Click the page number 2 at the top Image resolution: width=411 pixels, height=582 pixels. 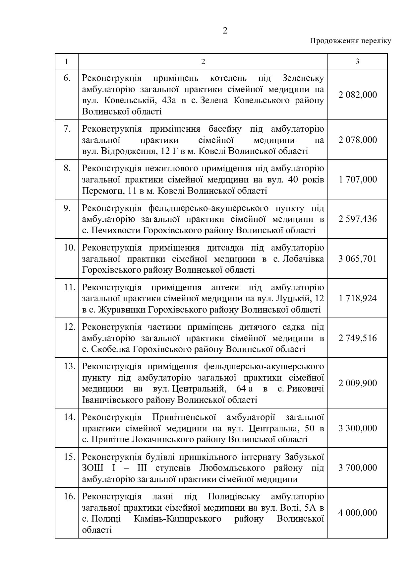click(x=225, y=31)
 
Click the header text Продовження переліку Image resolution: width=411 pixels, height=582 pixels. click(x=350, y=41)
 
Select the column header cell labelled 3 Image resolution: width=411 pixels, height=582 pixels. click(x=357, y=61)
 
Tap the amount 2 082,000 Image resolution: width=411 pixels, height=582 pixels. click(x=358, y=95)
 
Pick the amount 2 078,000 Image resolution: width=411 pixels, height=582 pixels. click(x=358, y=140)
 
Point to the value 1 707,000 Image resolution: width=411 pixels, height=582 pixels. click(x=358, y=180)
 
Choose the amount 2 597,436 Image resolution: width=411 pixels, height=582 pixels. click(x=358, y=219)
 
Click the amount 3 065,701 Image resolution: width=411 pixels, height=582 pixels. click(x=358, y=258)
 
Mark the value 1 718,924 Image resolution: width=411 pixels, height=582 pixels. click(x=358, y=298)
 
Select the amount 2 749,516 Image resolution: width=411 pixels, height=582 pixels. click(x=358, y=338)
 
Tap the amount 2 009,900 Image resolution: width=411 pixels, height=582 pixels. click(x=358, y=383)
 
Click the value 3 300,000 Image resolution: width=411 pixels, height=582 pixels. click(x=358, y=428)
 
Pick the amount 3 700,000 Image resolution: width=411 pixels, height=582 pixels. click(x=358, y=468)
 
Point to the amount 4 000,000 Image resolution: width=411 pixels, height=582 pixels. click(x=358, y=513)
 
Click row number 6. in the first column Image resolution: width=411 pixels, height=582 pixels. click(x=67, y=78)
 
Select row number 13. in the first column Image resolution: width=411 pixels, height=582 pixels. click(x=70, y=366)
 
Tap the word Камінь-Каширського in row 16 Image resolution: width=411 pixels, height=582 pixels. click(x=178, y=519)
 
